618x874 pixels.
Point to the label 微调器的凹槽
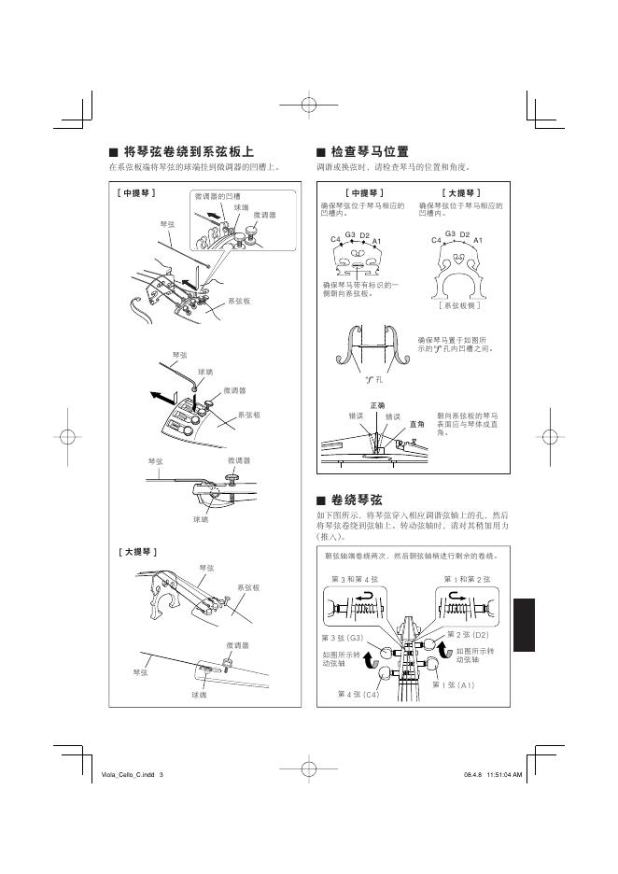coord(218,196)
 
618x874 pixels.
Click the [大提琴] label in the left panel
coord(137,552)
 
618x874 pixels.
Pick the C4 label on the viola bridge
coord(336,241)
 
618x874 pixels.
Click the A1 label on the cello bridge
coord(477,241)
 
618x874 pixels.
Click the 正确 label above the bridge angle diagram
coord(378,404)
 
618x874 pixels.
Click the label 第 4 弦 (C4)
coord(358,695)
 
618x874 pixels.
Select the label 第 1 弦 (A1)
coord(455,685)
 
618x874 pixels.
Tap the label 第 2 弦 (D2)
coord(469,635)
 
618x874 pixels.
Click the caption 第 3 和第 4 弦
coord(356,581)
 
